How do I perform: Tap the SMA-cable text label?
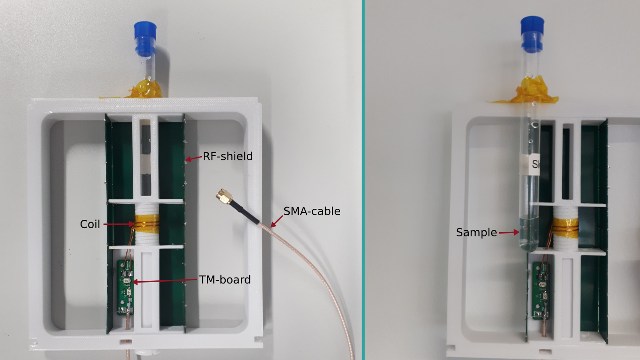pos(312,211)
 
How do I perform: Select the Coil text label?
pos(90,224)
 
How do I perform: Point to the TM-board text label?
pos(225,279)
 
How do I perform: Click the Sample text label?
pos(476,233)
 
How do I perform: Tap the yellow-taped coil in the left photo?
pos(146,224)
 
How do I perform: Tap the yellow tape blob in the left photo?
pos(146,89)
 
